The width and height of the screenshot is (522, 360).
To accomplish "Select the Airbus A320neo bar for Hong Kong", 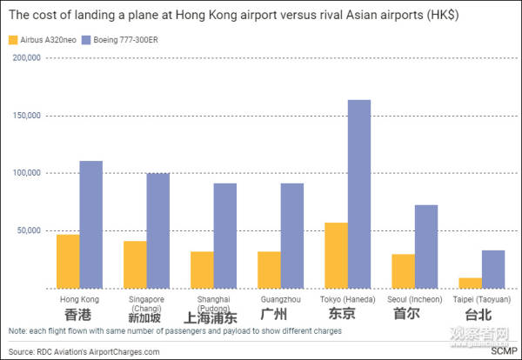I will [68, 261].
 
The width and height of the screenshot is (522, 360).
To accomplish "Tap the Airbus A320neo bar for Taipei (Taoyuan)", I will [471, 283].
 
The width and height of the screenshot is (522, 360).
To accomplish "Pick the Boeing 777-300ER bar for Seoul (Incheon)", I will [426, 246].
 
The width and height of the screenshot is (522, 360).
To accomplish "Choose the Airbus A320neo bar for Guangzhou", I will [269, 270].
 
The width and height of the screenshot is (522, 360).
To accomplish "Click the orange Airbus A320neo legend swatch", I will [12, 40].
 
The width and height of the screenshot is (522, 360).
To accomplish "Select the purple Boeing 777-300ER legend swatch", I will [100, 40].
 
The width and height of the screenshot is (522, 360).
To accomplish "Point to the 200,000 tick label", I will [28, 57].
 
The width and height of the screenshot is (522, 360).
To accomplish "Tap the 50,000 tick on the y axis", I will [30, 230].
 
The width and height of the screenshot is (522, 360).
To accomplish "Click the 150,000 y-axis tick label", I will [28, 116].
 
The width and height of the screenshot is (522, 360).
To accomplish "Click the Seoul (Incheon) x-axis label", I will [415, 298].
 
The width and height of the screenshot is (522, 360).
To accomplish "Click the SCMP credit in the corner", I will [502, 351].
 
